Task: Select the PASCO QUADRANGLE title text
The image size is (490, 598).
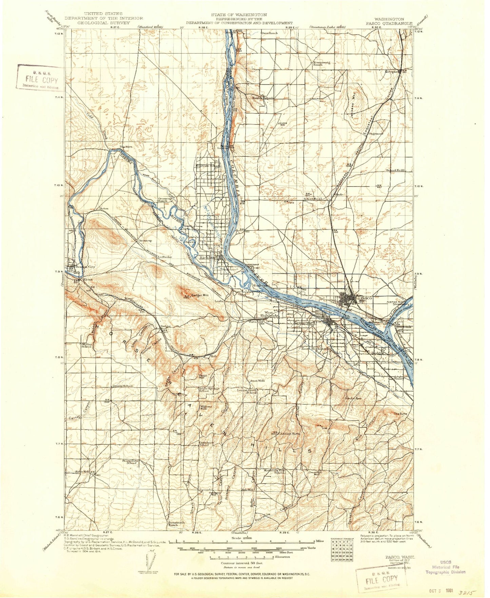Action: pyautogui.click(x=393, y=24)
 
